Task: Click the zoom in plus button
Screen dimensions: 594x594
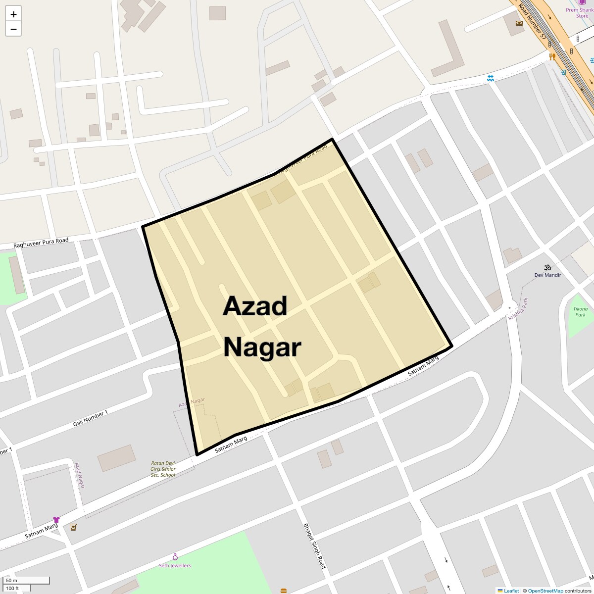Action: (x=13, y=14)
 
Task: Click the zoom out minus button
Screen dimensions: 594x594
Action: (x=13, y=29)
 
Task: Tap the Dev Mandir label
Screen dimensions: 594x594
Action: (x=547, y=275)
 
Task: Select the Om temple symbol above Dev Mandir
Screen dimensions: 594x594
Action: (x=547, y=267)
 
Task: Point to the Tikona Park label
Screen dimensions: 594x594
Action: (x=580, y=312)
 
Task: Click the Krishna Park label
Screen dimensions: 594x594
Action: (x=518, y=309)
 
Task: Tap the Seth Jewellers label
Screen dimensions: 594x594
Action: (x=175, y=565)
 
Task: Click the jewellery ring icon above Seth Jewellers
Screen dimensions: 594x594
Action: (x=175, y=557)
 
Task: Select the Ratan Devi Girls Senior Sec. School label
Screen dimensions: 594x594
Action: (x=163, y=469)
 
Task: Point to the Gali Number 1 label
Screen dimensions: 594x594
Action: (x=90, y=419)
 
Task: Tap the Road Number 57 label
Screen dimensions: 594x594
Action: (x=533, y=22)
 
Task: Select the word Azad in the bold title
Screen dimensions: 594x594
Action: (x=255, y=306)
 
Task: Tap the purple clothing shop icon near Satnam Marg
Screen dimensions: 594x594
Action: (x=56, y=519)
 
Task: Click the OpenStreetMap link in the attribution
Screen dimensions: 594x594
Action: (x=545, y=591)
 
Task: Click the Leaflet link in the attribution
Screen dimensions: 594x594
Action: (x=511, y=591)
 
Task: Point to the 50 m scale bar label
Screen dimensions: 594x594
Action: (x=11, y=581)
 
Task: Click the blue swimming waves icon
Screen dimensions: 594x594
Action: (x=490, y=78)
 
